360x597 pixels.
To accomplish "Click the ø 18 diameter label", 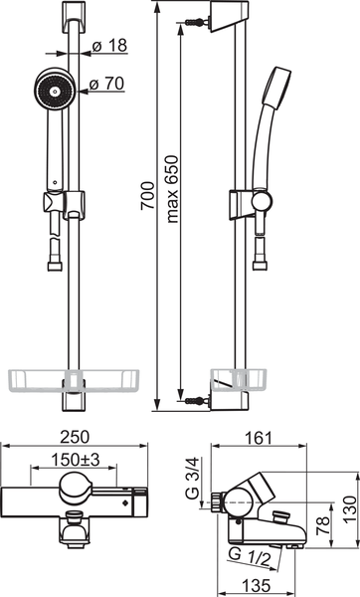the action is point(109,46).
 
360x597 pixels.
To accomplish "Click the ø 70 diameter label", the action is point(107,84).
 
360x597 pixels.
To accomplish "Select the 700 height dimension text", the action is point(147,196).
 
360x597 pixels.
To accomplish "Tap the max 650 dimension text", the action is point(172,189).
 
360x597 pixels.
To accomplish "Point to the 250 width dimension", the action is point(75,437).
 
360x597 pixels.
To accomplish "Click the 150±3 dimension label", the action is point(76,460).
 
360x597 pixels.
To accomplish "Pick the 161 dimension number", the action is point(259,438).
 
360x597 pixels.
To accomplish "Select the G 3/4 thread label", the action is point(193,478).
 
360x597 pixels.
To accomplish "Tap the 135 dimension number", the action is point(257,585).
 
